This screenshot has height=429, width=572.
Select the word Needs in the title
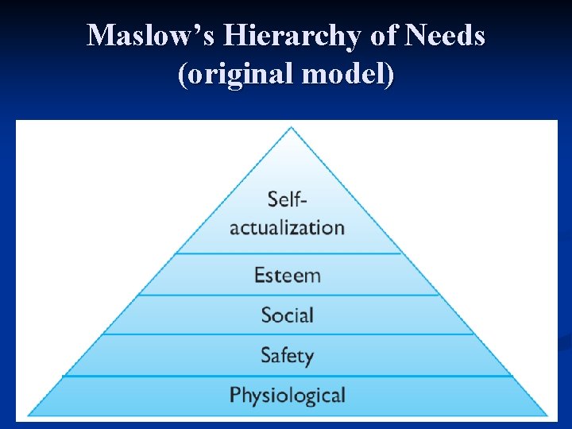coord(446,36)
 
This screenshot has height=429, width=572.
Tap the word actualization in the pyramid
coord(287,227)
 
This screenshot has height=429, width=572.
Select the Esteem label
coord(287,276)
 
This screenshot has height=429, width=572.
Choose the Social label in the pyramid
coord(287,315)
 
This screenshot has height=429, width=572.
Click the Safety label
coord(287,355)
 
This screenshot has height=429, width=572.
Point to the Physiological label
coord(287,395)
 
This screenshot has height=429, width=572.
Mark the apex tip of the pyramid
coord(291,129)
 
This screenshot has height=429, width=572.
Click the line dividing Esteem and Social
coord(287,295)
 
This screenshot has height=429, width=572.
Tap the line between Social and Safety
coord(287,334)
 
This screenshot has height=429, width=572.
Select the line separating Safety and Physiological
coord(287,376)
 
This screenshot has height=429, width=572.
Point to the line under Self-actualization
coord(287,253)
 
